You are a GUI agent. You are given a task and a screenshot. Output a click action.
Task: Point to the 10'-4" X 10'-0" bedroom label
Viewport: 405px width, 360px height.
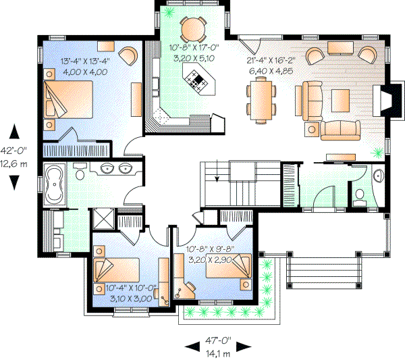coord(132,288)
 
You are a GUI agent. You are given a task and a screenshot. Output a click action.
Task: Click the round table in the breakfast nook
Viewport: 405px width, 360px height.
coord(194,28)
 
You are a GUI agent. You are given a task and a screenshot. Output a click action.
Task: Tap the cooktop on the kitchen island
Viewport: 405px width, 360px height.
coord(196,83)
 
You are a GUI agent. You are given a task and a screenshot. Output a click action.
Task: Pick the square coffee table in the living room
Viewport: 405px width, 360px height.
coord(340,101)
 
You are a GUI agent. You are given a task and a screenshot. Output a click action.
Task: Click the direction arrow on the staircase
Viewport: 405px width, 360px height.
coord(217,180)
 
